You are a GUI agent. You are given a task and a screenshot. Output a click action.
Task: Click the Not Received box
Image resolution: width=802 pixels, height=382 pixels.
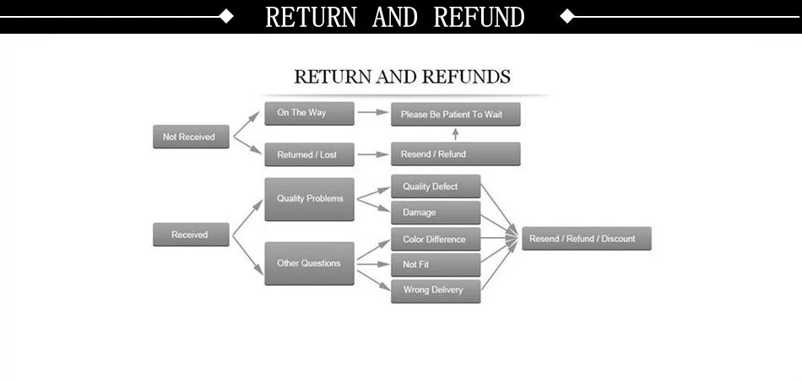pyautogui.click(x=190, y=137)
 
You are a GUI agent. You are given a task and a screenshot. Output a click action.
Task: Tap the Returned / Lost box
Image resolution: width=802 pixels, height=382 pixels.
pyautogui.click(x=308, y=154)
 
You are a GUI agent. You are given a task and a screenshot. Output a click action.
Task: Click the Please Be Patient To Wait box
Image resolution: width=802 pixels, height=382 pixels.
pyautogui.click(x=455, y=114)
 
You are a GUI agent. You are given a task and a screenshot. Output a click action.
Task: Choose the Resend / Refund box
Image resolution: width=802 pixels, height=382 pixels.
pyautogui.click(x=455, y=154)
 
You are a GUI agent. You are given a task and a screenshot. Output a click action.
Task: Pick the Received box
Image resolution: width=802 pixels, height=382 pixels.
pyautogui.click(x=190, y=234)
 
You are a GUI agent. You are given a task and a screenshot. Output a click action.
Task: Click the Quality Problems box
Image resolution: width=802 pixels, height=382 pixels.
pyautogui.click(x=309, y=199)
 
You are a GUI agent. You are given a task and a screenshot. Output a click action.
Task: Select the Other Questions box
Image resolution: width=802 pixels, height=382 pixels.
pyautogui.click(x=309, y=263)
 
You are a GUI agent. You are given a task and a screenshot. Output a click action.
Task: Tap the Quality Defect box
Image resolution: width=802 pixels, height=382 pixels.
pyautogui.click(x=435, y=186)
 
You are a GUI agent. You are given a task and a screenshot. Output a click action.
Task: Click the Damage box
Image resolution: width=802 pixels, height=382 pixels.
pyautogui.click(x=435, y=213)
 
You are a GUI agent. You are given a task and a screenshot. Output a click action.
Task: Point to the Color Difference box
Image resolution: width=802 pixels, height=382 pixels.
pyautogui.click(x=435, y=239)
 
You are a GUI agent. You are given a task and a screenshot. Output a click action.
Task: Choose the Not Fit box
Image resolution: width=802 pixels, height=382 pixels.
pyautogui.click(x=435, y=265)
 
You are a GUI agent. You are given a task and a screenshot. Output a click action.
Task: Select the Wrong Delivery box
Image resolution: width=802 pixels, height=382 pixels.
pyautogui.click(x=435, y=291)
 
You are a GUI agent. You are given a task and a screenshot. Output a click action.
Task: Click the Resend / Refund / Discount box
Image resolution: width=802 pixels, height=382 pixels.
pyautogui.click(x=586, y=239)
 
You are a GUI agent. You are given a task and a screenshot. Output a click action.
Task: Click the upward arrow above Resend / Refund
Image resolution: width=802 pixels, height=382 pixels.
pyautogui.click(x=455, y=134)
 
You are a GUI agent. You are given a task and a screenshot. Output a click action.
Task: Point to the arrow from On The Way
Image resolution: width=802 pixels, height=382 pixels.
pyautogui.click(x=372, y=111)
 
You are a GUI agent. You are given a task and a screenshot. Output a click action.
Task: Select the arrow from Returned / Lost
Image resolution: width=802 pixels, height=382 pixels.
pyautogui.click(x=372, y=154)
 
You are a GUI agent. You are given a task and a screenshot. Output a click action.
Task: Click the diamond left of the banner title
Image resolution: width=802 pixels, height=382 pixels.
pyautogui.click(x=225, y=16)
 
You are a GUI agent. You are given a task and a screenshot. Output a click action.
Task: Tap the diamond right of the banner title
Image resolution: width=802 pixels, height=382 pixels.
pyautogui.click(x=567, y=16)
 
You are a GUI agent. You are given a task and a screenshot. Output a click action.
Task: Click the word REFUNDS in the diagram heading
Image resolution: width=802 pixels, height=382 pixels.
pyautogui.click(x=466, y=77)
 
